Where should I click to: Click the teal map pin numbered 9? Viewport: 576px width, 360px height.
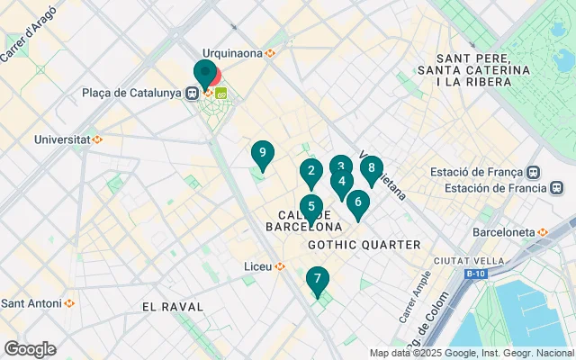coord(262,155)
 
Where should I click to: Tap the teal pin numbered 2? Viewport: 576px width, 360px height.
coord(310,171)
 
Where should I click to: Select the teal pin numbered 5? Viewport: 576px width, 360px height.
coord(310,207)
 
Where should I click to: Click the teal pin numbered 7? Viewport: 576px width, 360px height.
coord(317,280)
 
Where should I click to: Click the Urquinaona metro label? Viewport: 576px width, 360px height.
coord(233,53)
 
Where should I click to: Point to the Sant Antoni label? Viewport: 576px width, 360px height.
coord(31,302)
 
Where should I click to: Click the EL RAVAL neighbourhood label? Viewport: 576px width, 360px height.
coord(168,307)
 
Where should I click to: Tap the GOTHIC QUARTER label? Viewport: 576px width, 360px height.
coord(364,245)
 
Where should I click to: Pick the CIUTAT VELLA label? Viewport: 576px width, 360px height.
coord(459,260)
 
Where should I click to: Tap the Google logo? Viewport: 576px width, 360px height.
coord(30,349)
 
